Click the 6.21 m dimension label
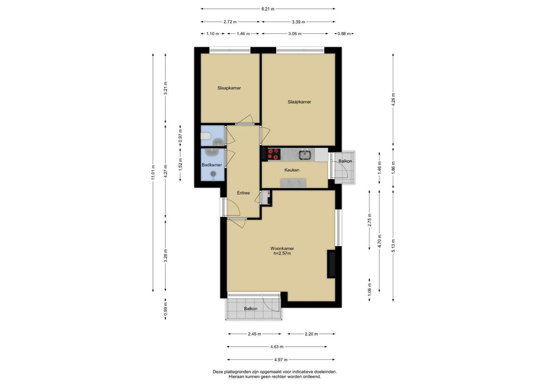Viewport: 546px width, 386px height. pyautogui.click(x=268, y=9)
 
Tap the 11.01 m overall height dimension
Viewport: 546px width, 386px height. pyautogui.click(x=153, y=173)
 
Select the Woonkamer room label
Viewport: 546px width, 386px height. pyautogui.click(x=282, y=248)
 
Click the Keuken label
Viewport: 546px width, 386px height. pyautogui.click(x=292, y=170)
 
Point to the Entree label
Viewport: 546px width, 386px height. pyautogui.click(x=243, y=193)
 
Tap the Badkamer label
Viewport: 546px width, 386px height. pyautogui.click(x=212, y=165)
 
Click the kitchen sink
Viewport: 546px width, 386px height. pyautogui.click(x=304, y=154)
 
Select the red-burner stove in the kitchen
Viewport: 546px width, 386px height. pyautogui.click(x=274, y=154)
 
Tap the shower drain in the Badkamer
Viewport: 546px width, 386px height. pyautogui.click(x=213, y=173)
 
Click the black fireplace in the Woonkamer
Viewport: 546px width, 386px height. pyautogui.click(x=331, y=264)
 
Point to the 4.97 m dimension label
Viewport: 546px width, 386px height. pyautogui.click(x=281, y=360)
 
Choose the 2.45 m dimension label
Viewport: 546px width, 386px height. pyautogui.click(x=255, y=334)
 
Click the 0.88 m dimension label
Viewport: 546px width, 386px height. pyautogui.click(x=344, y=34)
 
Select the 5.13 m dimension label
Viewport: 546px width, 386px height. pyautogui.click(x=393, y=246)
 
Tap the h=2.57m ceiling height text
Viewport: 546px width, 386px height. pyautogui.click(x=282, y=253)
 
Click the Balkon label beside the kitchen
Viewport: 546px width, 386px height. pyautogui.click(x=345, y=161)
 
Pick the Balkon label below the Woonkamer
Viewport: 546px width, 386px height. pyautogui.click(x=251, y=308)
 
